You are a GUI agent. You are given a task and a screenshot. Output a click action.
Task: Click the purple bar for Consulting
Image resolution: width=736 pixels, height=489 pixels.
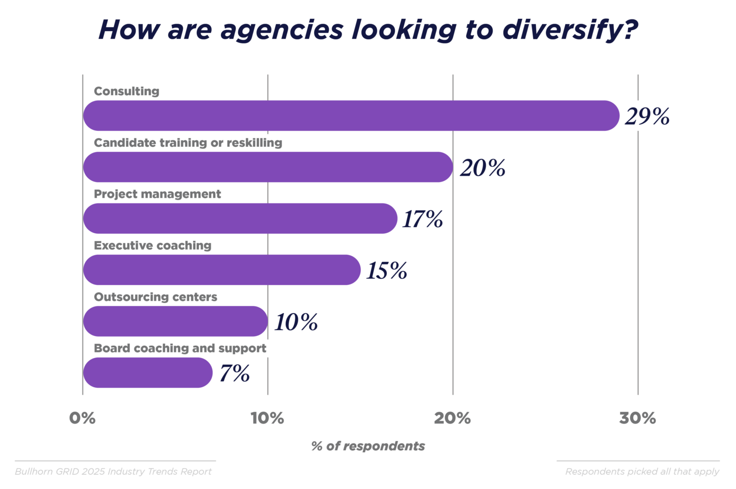(351, 116)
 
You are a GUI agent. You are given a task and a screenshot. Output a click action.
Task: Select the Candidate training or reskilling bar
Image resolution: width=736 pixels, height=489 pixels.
(268, 167)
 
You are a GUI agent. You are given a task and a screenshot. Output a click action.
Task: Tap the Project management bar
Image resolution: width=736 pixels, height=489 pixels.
(240, 218)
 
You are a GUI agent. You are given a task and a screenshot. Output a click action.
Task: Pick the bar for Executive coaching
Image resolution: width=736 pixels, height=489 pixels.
(222, 270)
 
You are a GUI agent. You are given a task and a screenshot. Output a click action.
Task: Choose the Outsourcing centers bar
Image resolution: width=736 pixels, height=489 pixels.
(175, 321)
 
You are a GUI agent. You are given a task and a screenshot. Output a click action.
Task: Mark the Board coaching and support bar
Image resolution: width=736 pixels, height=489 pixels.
(147, 373)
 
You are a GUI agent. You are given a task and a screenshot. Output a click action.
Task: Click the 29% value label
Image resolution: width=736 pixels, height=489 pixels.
(647, 117)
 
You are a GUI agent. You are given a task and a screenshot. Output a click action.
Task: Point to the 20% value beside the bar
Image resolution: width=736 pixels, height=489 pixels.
(482, 168)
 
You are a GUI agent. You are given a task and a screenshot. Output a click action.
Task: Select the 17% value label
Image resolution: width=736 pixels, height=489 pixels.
(422, 219)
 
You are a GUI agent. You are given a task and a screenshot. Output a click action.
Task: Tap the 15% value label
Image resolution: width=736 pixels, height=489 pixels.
(386, 271)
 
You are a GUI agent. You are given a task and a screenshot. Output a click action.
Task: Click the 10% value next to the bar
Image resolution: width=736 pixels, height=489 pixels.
(296, 322)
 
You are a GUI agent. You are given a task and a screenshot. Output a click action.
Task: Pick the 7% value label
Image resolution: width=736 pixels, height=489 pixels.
(235, 373)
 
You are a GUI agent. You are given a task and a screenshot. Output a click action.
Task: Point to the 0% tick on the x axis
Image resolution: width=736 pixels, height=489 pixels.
(82, 418)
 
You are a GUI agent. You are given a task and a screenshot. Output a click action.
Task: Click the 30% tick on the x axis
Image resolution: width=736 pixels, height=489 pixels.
(637, 418)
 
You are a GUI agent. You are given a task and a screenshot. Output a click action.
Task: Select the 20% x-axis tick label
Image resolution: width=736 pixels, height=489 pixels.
(452, 418)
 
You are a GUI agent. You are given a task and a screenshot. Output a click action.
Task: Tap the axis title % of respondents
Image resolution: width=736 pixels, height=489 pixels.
(368, 446)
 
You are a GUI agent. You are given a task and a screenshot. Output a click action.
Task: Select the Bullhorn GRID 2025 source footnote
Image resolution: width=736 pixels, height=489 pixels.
(113, 472)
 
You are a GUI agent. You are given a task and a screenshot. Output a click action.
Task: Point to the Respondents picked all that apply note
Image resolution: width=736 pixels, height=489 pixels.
(642, 472)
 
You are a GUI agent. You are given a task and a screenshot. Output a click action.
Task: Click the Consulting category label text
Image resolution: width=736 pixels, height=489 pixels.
(127, 91)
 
